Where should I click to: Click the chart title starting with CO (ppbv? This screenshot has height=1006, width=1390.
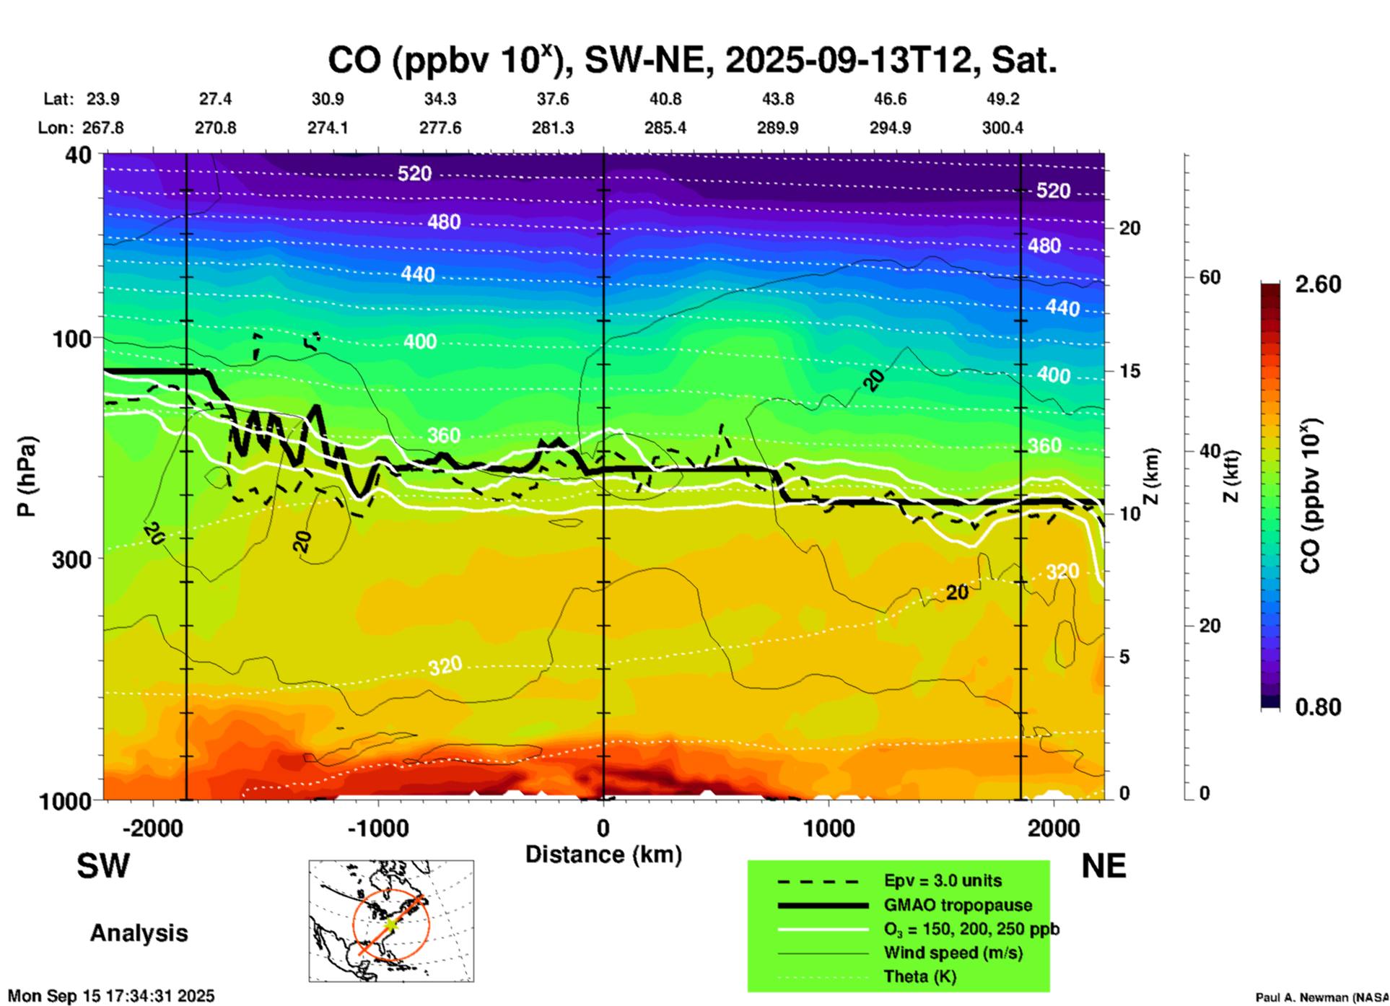pyautogui.click(x=691, y=60)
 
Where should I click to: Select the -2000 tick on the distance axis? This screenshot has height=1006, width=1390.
pyautogui.click(x=152, y=828)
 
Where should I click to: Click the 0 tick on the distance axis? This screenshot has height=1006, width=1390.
pyautogui.click(x=603, y=828)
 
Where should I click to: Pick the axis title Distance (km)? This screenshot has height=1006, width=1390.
pyautogui.click(x=603, y=854)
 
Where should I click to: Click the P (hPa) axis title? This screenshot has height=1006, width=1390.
pyautogui.click(x=27, y=476)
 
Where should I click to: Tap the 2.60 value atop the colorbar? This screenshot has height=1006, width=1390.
pyautogui.click(x=1318, y=284)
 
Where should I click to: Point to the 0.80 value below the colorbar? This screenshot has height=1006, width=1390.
pyautogui.click(x=1318, y=707)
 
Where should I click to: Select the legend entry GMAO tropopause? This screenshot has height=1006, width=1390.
pyautogui.click(x=958, y=905)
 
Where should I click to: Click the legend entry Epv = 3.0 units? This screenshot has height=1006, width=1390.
pyautogui.click(x=943, y=880)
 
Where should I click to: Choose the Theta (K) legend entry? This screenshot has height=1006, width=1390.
pyautogui.click(x=919, y=976)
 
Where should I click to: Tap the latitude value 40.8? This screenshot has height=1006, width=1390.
pyautogui.click(x=665, y=99)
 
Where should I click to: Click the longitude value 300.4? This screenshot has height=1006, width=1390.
pyautogui.click(x=1002, y=128)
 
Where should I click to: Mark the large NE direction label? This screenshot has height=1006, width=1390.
pyautogui.click(x=1103, y=866)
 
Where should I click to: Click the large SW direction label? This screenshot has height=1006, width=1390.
pyautogui.click(x=103, y=866)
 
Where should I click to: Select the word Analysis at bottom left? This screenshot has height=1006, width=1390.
pyautogui.click(x=139, y=933)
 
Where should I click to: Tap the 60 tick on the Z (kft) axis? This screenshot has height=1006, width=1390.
pyautogui.click(x=1210, y=277)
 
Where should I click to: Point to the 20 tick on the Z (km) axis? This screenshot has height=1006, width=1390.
pyautogui.click(x=1129, y=228)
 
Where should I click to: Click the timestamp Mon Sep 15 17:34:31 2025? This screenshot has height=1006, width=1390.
pyautogui.click(x=111, y=996)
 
